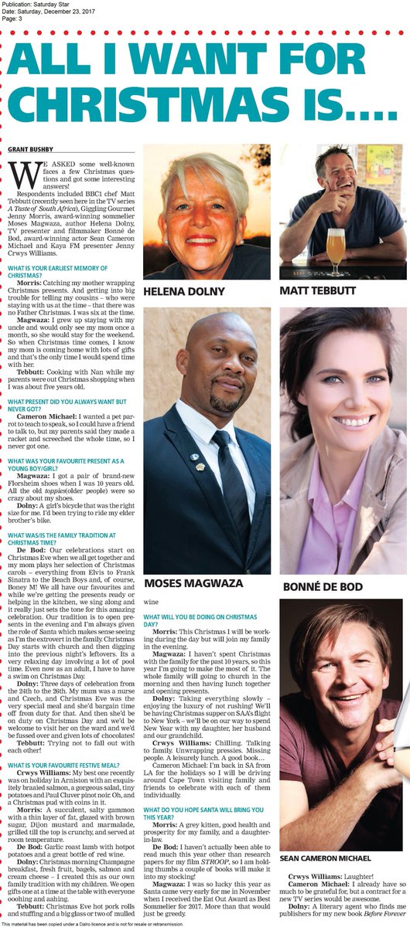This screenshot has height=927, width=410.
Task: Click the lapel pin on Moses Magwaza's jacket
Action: click(x=200, y=466)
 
